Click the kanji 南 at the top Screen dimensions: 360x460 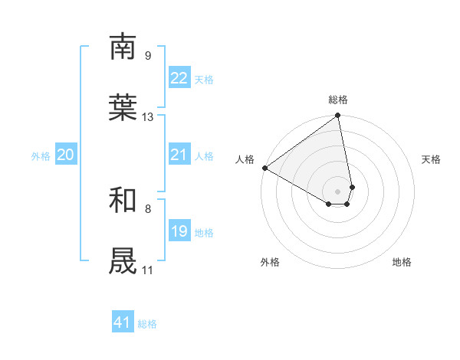(x=123, y=47)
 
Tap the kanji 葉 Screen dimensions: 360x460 (x=123, y=108)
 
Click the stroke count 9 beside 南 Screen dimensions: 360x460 (x=147, y=56)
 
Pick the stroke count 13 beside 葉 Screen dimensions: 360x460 (x=148, y=117)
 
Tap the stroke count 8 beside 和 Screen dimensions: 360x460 (x=147, y=208)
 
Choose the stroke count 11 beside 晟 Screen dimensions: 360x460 (x=147, y=270)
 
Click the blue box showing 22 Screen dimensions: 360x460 (x=179, y=78)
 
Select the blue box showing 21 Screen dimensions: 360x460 (x=179, y=155)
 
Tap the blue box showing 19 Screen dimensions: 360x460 (x=179, y=231)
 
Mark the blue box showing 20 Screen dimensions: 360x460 (x=65, y=155)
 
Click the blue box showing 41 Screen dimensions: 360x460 (x=123, y=322)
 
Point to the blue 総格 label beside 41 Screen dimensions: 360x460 (x=147, y=324)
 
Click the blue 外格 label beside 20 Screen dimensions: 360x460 (x=41, y=156)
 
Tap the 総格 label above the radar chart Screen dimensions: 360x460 (x=338, y=100)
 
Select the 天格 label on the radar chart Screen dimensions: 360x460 (x=431, y=159)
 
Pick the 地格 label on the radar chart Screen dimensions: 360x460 (x=402, y=262)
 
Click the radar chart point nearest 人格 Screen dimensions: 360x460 (x=264, y=168)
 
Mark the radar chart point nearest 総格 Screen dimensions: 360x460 (x=338, y=116)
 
